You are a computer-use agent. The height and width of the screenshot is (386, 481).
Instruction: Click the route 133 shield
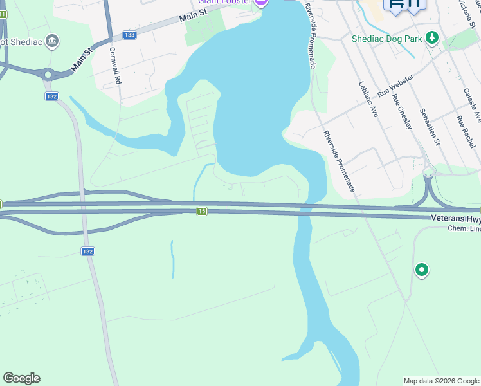coord(130,35)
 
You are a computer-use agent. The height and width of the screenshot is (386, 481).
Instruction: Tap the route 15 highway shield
coord(202,211)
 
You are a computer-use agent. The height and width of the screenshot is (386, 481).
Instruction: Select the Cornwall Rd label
coord(115,67)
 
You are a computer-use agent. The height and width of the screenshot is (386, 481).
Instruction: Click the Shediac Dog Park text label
coord(386,39)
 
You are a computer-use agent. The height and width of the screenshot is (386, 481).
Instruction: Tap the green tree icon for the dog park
coord(433,38)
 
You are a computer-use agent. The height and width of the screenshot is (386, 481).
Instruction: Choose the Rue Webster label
coord(395,86)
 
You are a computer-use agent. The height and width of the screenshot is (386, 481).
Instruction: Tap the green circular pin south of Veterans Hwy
coord(421,270)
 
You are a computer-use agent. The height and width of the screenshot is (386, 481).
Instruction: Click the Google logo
coord(21,378)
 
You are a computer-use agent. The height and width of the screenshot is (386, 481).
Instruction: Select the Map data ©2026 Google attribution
coord(440,381)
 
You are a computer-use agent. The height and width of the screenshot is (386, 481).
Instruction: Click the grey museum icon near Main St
coord(53,42)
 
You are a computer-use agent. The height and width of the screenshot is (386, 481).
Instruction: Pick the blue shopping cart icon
coord(395,4)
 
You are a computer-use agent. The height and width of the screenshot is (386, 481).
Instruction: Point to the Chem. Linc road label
coord(464,230)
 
